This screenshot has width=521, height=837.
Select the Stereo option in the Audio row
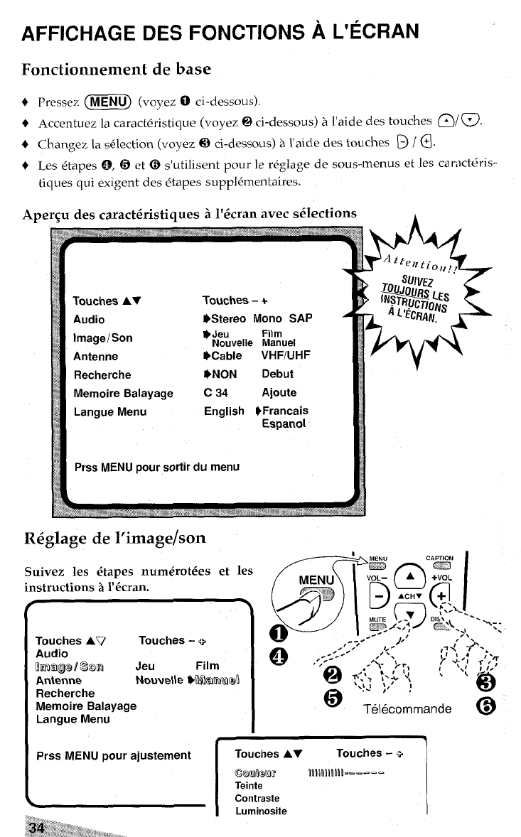pyautogui.click(x=227, y=319)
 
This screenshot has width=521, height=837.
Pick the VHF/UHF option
pyautogui.click(x=286, y=356)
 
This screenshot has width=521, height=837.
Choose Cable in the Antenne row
pyautogui.click(x=225, y=356)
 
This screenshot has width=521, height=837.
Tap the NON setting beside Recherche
pyautogui.click(x=223, y=374)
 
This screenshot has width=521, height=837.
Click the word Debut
pyautogui.click(x=277, y=374)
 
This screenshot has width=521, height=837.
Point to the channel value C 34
pyautogui.click(x=214, y=392)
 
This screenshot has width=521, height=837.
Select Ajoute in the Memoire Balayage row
pyautogui.click(x=279, y=392)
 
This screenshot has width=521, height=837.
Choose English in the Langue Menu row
pyautogui.click(x=224, y=411)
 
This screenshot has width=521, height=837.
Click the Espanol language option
pyautogui.click(x=284, y=423)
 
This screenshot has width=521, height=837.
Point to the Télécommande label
pyautogui.click(x=407, y=708)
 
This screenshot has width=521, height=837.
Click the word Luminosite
pyautogui.click(x=261, y=811)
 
